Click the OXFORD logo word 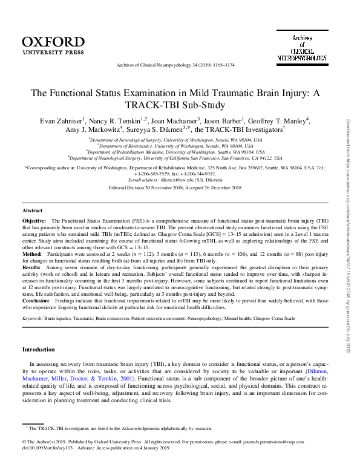point(53,42)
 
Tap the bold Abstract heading point(33,210)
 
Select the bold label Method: point(33,255)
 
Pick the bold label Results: point(33,267)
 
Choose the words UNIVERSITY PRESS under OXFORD point(53,52)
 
